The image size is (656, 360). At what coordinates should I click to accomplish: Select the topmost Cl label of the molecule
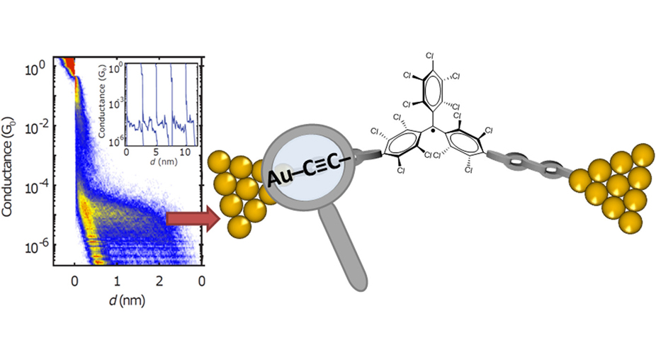[x=430, y=55]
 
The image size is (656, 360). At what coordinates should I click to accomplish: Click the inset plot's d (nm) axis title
[x=157, y=162]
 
